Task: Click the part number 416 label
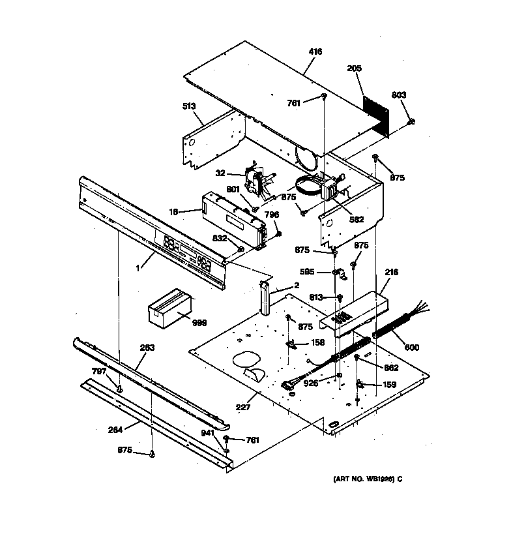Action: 315,52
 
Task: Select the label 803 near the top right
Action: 399,95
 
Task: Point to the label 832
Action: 220,239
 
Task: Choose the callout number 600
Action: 412,347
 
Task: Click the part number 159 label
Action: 389,385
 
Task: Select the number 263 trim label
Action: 148,348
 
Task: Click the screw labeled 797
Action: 120,389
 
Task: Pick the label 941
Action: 207,432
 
